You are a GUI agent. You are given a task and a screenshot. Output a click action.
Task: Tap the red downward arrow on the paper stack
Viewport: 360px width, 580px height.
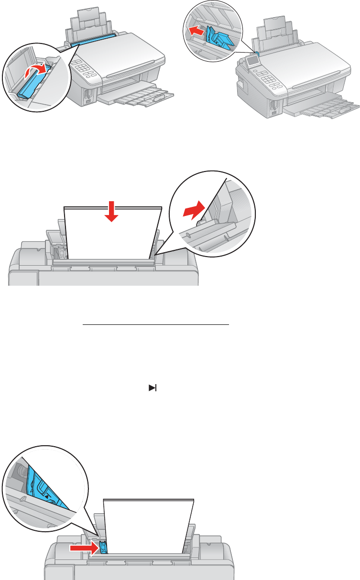111,211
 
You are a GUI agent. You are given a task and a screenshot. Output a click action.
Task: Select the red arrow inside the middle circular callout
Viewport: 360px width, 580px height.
194,209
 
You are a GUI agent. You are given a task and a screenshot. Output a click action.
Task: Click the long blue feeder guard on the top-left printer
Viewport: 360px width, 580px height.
93,39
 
